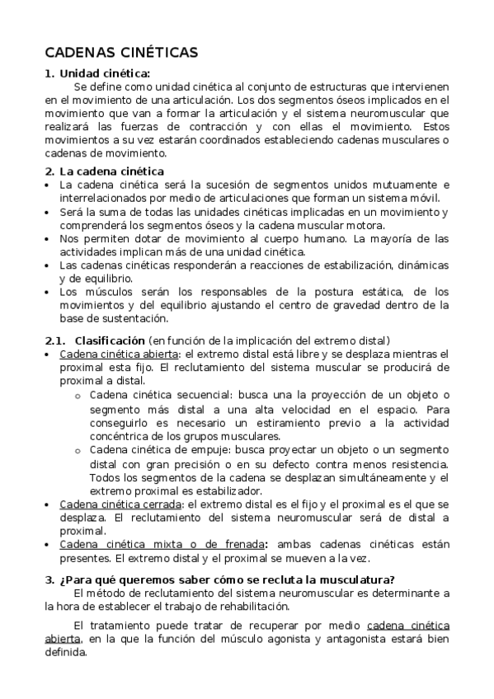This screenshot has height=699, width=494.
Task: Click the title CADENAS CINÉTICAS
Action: coord(121,53)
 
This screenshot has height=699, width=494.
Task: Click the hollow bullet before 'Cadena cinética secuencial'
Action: coord(77,396)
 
